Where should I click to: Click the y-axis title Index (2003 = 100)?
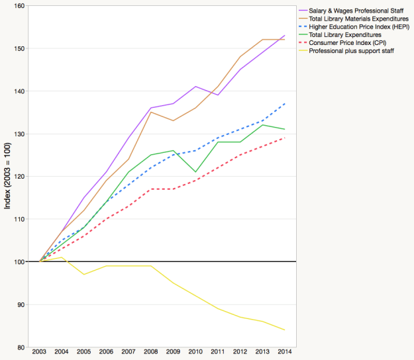tap(7, 177)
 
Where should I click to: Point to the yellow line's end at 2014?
tap(285, 330)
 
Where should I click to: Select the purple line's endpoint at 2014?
tap(285, 36)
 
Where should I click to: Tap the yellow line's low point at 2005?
tap(84, 275)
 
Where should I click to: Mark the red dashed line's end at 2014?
tap(285, 138)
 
